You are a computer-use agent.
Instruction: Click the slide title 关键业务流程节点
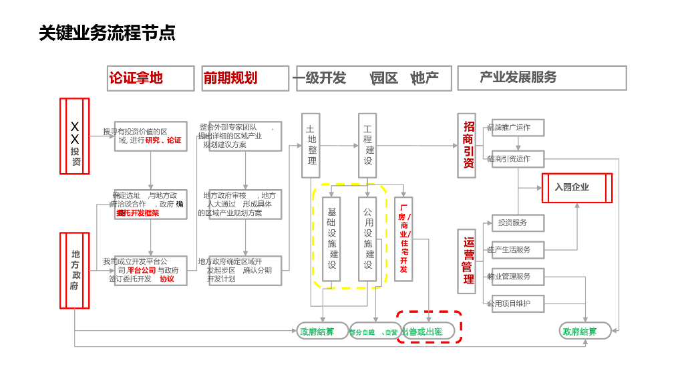click(107, 33)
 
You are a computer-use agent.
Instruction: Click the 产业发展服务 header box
click(542, 78)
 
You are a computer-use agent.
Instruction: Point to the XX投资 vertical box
click(75, 136)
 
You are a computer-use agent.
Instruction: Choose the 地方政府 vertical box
click(75, 270)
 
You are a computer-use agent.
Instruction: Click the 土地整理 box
click(311, 146)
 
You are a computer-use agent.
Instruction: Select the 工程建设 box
click(367, 146)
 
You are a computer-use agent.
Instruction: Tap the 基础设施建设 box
click(332, 238)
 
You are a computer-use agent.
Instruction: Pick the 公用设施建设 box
click(368, 238)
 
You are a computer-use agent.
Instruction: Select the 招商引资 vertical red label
click(467, 145)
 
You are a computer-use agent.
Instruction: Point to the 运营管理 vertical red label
click(467, 261)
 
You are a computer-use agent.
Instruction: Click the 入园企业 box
click(576, 188)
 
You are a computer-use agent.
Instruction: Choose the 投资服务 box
click(518, 223)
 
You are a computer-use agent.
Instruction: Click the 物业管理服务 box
click(518, 276)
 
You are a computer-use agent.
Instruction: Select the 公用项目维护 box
click(518, 303)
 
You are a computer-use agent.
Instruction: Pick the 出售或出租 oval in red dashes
click(427, 331)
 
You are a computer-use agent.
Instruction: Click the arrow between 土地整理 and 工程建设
click(339, 145)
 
